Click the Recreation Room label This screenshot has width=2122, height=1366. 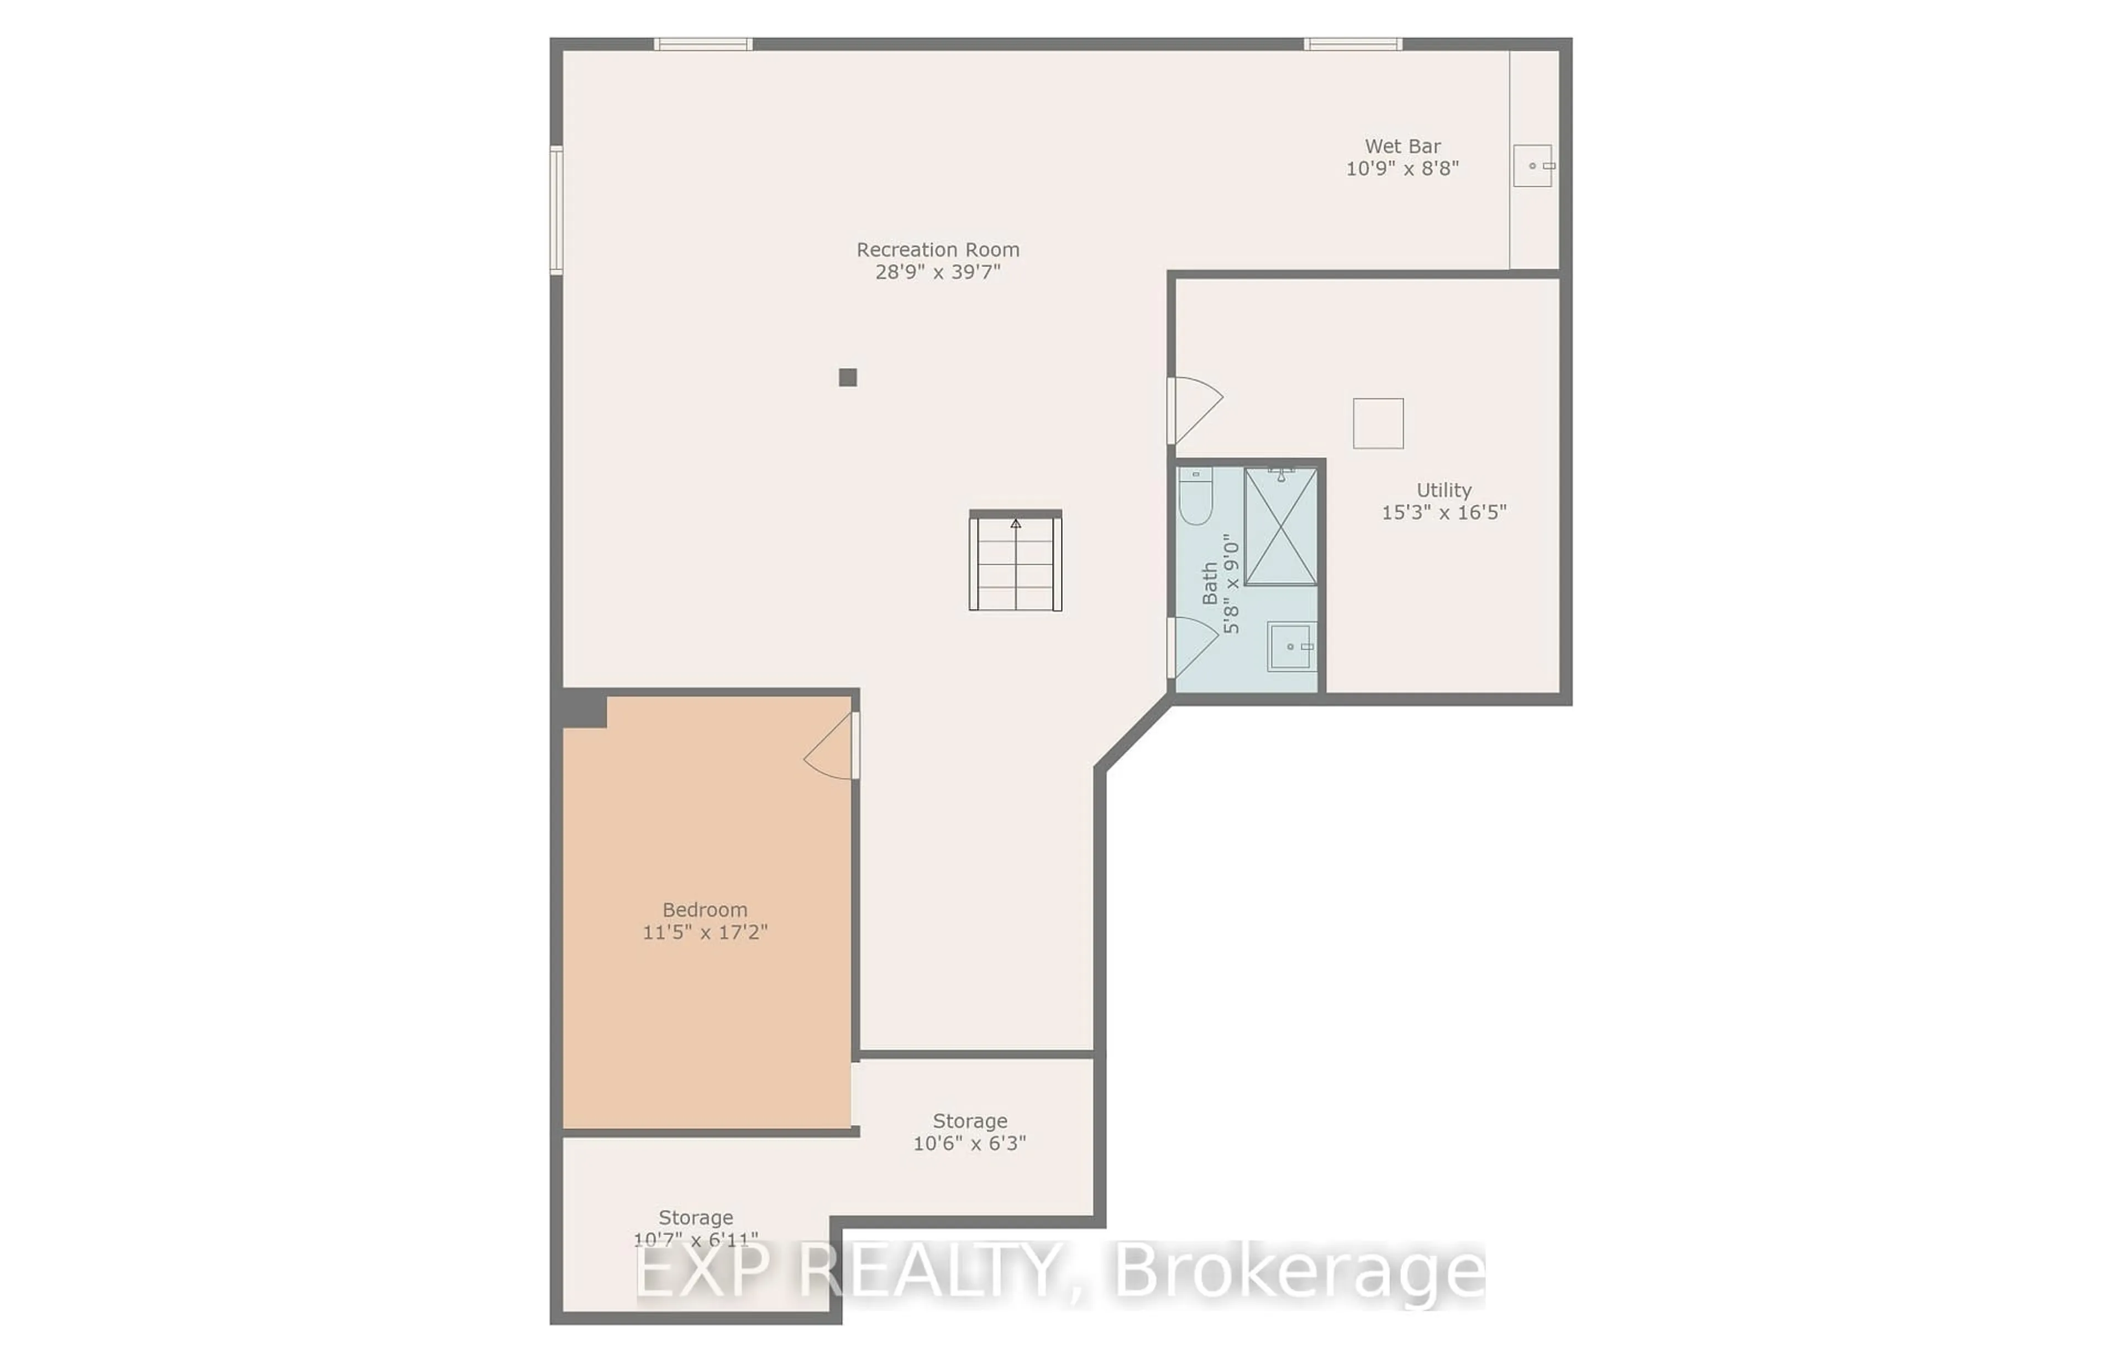tap(937, 250)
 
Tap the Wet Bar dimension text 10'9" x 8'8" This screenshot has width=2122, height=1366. tap(1402, 169)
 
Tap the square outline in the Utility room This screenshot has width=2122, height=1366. tap(1378, 423)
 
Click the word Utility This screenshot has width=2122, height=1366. tap(1443, 490)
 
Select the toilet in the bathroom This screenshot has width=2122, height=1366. tap(1195, 497)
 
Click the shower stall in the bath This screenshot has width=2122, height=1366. tap(1280, 527)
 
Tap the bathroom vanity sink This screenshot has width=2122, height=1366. tap(1291, 647)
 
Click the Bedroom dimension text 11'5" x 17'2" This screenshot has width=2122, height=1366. tap(705, 932)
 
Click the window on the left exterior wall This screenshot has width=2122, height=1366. tap(556, 209)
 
